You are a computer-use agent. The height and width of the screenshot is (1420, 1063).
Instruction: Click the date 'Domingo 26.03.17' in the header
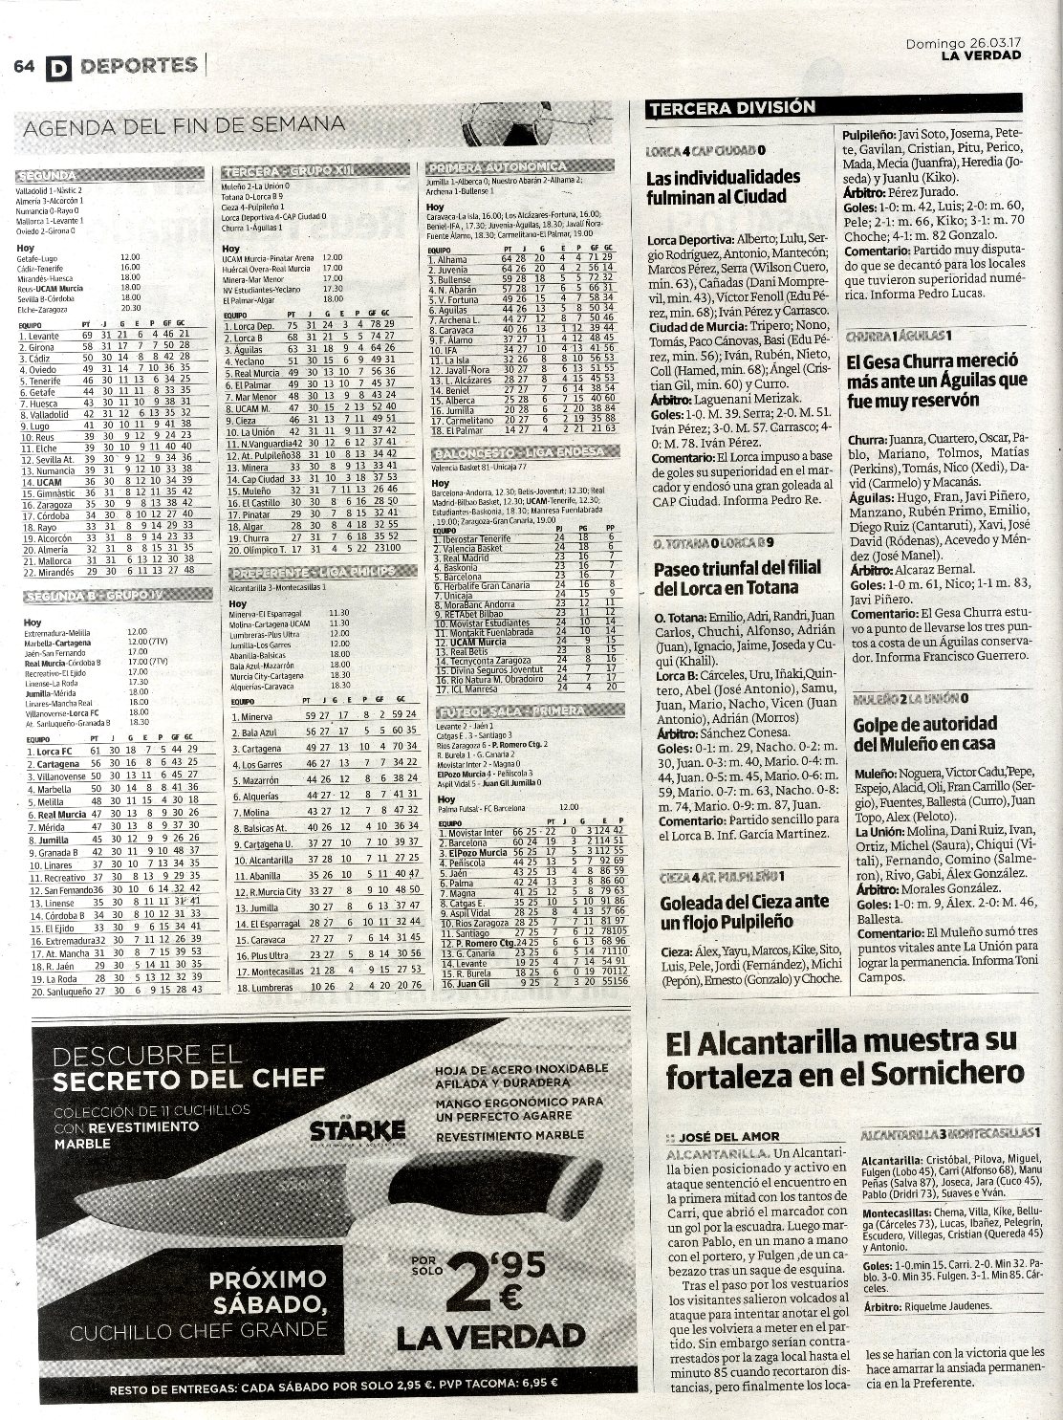point(964,42)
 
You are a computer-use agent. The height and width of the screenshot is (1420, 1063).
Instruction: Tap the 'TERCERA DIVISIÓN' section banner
point(732,109)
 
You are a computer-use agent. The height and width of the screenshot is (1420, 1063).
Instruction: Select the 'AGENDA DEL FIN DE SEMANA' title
point(184,125)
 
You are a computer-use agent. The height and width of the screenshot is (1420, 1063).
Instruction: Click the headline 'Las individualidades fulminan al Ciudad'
point(723,187)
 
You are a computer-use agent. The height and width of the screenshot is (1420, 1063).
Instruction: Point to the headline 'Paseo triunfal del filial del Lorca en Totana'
point(737,578)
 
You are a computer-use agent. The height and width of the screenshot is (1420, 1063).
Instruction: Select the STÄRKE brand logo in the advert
point(358,1130)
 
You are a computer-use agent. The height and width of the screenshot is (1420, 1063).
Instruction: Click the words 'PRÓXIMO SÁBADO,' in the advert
point(268,1291)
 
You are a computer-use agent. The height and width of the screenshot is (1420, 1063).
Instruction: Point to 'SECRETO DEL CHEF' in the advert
point(189,1080)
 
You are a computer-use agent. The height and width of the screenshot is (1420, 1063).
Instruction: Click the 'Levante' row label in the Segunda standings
point(45,336)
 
